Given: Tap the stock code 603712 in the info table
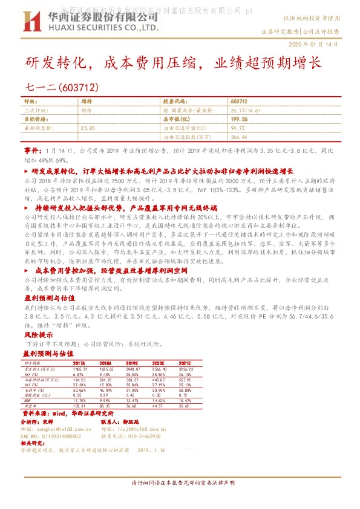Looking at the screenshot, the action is [x=239, y=102].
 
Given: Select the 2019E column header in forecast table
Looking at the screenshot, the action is [x=133, y=362].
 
